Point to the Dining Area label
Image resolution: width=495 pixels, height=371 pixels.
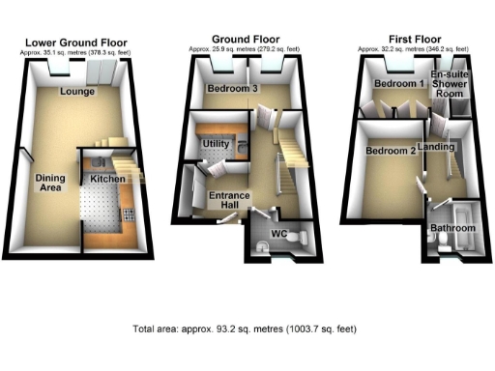coord(50,183)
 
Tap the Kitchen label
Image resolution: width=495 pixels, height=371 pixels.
coord(105,180)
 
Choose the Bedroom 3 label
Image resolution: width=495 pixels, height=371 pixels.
coord(229,90)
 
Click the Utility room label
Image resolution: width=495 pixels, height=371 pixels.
coord(214,144)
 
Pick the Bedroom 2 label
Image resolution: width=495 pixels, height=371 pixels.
coord(391,152)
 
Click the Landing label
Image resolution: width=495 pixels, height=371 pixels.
coord(438,147)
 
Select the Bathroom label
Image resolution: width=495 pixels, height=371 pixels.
coord(452,228)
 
